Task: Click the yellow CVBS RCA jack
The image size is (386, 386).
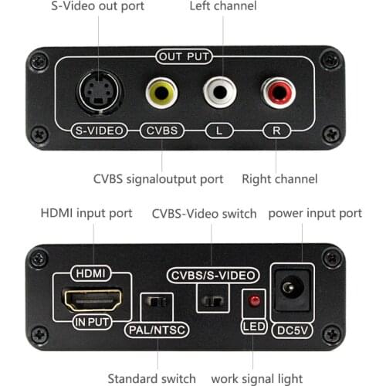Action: click(x=161, y=93)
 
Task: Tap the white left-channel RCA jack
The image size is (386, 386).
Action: click(x=220, y=93)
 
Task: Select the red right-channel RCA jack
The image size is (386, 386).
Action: click(x=277, y=93)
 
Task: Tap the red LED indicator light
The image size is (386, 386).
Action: click(x=252, y=300)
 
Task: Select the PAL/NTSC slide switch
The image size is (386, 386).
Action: click(x=157, y=301)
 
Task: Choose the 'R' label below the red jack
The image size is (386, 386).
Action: click(x=277, y=130)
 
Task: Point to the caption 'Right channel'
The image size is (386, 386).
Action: click(x=279, y=179)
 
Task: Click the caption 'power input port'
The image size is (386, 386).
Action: click(x=315, y=212)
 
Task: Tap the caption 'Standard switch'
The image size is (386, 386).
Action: click(x=151, y=378)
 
